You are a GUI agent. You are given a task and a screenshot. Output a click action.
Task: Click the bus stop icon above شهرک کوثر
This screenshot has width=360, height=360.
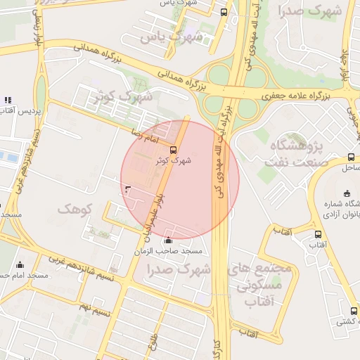[174, 149]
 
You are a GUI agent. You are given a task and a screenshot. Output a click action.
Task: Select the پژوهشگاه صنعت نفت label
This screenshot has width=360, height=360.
[295, 154]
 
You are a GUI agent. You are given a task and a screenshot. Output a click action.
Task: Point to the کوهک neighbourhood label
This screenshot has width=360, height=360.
[75, 210]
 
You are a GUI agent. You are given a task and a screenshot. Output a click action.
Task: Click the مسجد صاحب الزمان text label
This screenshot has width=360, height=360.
[174, 251]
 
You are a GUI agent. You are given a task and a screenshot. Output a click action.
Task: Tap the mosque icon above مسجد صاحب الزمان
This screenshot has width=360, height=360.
[166, 241]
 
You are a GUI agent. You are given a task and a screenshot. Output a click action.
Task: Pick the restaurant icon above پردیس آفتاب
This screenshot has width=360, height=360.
[8, 101]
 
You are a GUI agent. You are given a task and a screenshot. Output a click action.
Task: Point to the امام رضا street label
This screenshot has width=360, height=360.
[146, 133]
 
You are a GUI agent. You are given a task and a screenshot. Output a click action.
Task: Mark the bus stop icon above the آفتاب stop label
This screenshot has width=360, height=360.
[319, 235]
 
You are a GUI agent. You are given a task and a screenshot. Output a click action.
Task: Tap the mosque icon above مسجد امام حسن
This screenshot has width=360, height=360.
[19, 265]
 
